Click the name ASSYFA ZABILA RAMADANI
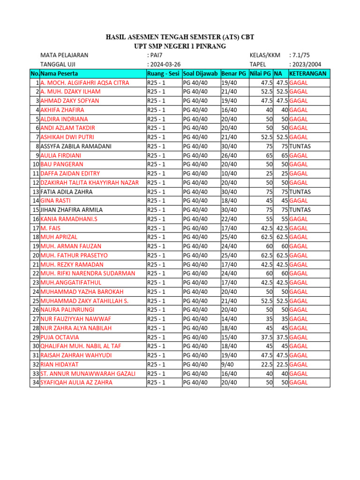click(x=76, y=146)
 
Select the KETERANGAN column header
click(x=308, y=74)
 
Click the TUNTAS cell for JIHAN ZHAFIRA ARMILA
click(x=300, y=210)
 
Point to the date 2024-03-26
click(x=165, y=64)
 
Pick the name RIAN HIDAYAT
click(x=60, y=364)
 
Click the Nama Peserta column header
click(x=60, y=74)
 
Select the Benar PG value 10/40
click(x=229, y=173)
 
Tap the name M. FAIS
click(x=50, y=228)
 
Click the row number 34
click(x=36, y=382)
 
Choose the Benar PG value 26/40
click(x=229, y=156)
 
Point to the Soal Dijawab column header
click(x=201, y=74)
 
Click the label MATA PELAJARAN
click(x=64, y=55)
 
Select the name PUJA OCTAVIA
click(x=60, y=337)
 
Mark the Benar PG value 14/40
click(x=229, y=319)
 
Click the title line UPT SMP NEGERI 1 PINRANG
click(x=180, y=46)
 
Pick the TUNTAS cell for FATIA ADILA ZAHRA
click(x=300, y=192)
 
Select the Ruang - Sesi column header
click(x=163, y=74)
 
